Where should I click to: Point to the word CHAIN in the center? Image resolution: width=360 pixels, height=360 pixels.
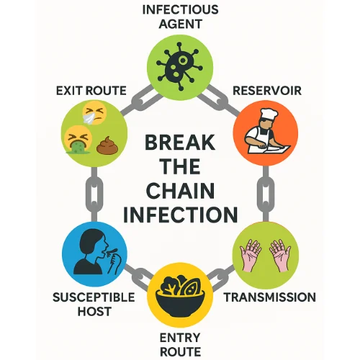point(179,191)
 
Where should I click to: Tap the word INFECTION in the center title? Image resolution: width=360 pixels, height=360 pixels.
point(179,215)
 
